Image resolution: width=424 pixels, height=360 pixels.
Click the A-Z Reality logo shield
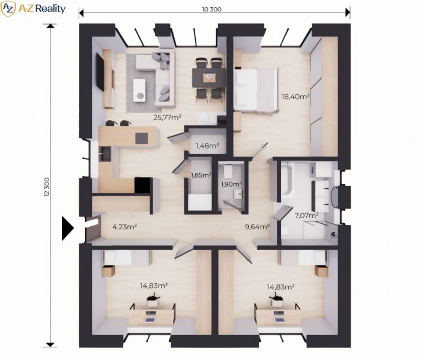click(8, 8)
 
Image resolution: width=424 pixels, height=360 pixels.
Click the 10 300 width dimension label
click(211, 10)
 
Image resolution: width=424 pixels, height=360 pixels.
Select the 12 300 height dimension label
click(47, 187)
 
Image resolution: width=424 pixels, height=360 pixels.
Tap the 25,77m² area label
click(167, 117)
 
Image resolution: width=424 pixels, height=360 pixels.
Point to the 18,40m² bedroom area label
click(295, 97)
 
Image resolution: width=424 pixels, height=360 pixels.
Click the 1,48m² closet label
click(207, 146)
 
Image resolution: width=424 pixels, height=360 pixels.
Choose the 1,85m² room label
click(201, 175)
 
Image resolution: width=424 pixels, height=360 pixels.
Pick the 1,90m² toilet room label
click(231, 184)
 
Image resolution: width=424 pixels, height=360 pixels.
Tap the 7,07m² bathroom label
click(306, 215)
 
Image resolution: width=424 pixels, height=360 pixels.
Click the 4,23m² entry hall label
click(124, 227)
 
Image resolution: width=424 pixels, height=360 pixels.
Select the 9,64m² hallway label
click(257, 227)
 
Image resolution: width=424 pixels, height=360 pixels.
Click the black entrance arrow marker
click(68, 229)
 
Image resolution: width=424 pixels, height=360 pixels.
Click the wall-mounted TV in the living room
click(100, 71)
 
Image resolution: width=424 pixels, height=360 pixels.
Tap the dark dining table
click(209, 78)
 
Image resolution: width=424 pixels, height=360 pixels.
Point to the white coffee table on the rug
click(139, 90)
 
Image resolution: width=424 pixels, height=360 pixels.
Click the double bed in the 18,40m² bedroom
click(256, 89)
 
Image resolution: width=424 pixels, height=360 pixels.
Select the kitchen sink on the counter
click(105, 154)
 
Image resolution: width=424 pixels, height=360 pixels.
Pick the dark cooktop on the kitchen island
click(142, 138)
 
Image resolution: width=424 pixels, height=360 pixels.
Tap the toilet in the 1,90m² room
click(228, 170)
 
